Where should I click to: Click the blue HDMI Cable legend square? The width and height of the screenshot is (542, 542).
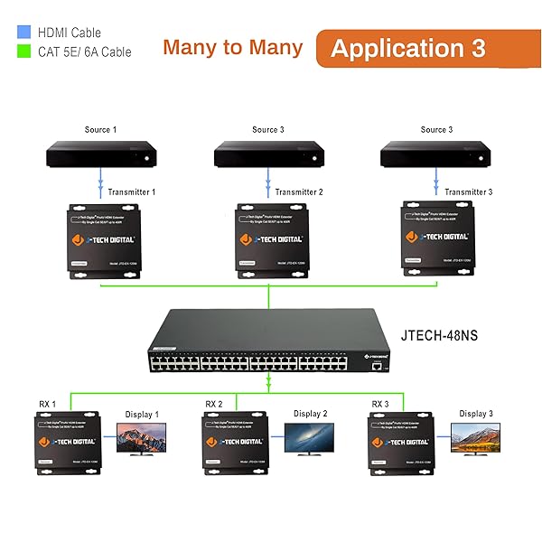[x=24, y=33]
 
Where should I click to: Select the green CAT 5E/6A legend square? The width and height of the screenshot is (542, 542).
[x=24, y=51]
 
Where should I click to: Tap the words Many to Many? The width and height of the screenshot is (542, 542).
[x=234, y=48]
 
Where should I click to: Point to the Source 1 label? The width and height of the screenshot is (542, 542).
[x=100, y=130]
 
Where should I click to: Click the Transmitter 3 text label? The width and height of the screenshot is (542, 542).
[x=468, y=192]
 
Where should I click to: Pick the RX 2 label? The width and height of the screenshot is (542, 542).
[x=214, y=404]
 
